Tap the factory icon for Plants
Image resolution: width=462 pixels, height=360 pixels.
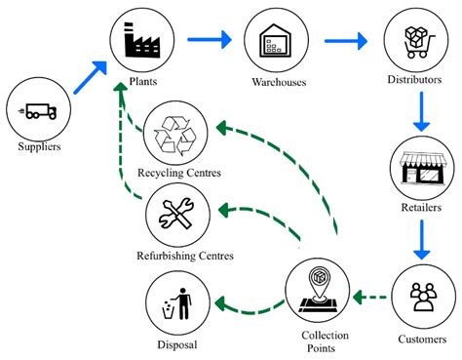click(144, 40)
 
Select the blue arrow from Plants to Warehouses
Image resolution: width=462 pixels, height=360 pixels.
click(210, 40)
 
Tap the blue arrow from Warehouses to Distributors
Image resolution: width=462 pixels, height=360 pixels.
click(347, 41)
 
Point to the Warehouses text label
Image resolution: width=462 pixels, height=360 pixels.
click(279, 83)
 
